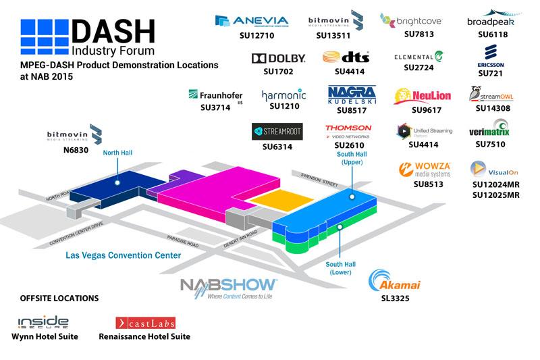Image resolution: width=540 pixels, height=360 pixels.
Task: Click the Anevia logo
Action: (x=251, y=21)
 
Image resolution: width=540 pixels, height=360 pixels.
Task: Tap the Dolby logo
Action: (x=278, y=59)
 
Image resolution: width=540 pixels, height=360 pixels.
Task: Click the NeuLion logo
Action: (x=422, y=96)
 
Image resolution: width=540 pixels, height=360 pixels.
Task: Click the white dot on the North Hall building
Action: (x=117, y=182)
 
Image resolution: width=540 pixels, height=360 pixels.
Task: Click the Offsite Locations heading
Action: (x=59, y=298)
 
